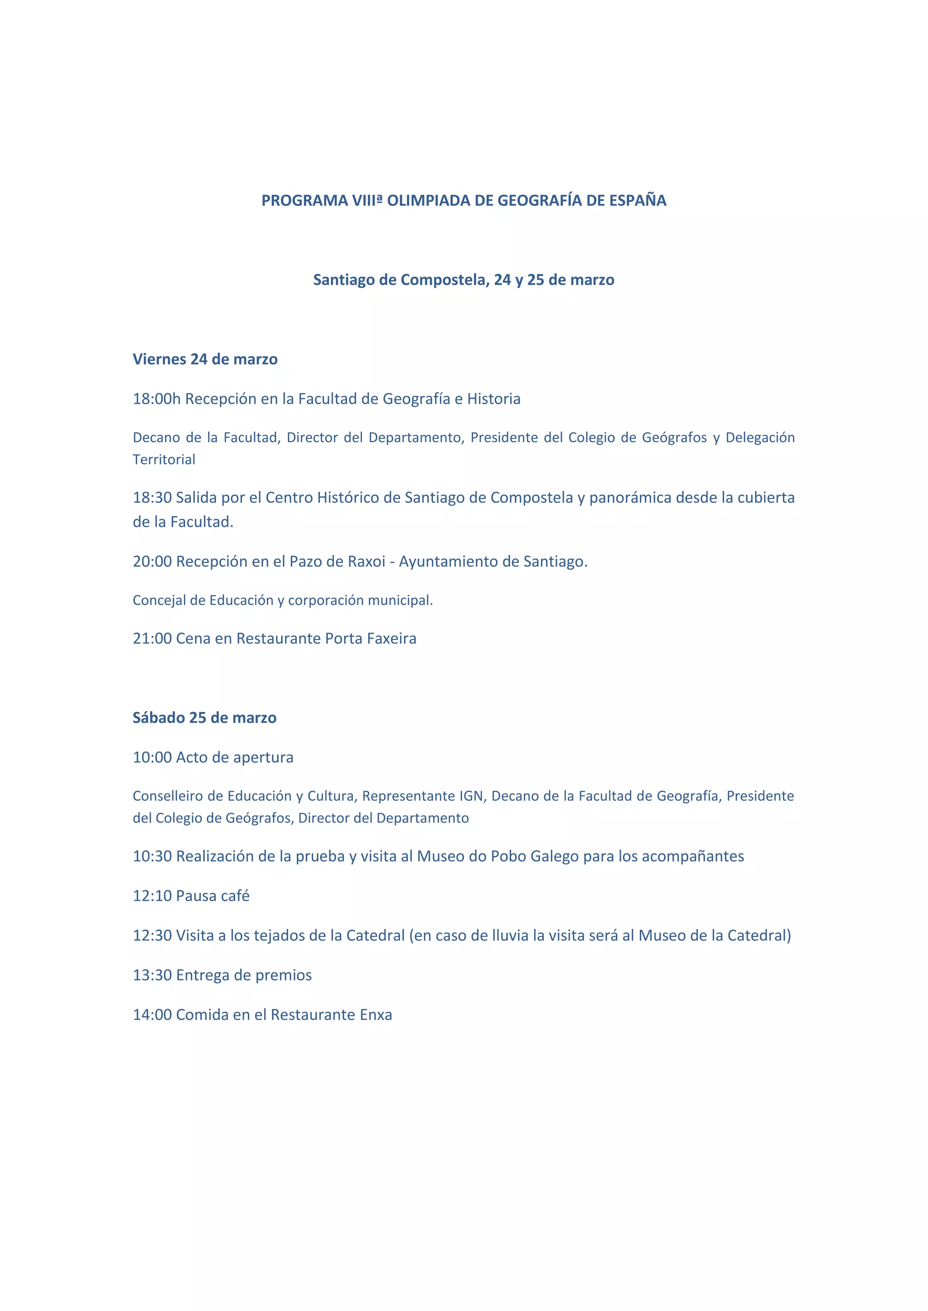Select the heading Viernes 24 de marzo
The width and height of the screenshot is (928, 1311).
[x=205, y=359]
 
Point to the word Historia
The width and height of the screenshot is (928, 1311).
[x=494, y=398]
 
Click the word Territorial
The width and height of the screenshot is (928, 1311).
[x=164, y=459]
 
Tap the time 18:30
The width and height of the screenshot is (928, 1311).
[x=152, y=498]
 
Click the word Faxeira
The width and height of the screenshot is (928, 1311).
[x=391, y=638]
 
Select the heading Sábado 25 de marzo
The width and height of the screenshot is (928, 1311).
[x=204, y=718]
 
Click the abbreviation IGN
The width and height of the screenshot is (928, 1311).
[x=471, y=796]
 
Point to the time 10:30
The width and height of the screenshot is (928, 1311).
[x=152, y=856]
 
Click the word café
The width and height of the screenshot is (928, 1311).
[x=236, y=896]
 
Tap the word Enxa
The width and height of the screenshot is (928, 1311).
[x=376, y=1014]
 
